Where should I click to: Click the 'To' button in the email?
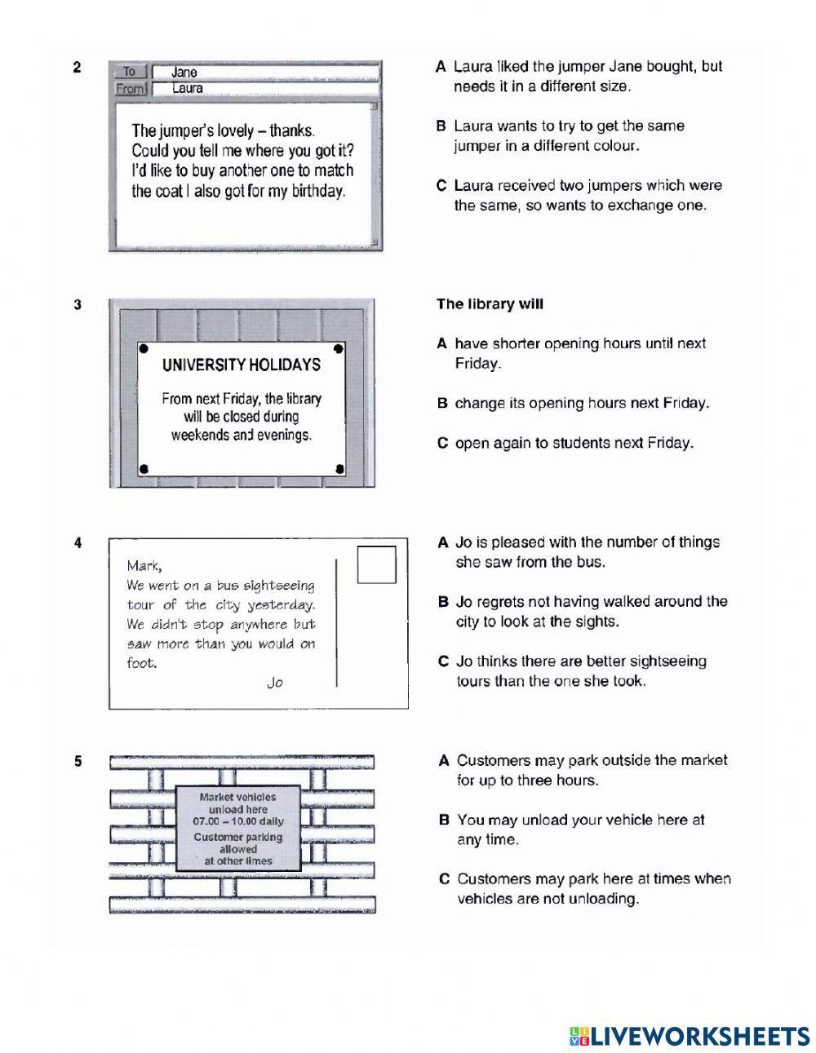tap(129, 72)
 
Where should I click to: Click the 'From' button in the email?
tap(129, 88)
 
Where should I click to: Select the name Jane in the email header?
tap(184, 73)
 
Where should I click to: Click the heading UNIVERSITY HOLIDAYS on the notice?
tap(241, 365)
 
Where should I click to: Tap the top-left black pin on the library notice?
tap(144, 348)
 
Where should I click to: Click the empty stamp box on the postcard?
tap(376, 564)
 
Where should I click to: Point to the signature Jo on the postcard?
tap(275, 683)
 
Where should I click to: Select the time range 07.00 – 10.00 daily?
tap(238, 822)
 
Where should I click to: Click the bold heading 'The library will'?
tap(490, 304)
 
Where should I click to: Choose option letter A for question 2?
tap(441, 67)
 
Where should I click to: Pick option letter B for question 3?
tap(442, 404)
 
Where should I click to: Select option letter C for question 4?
tap(443, 661)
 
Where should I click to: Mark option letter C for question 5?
tap(444, 879)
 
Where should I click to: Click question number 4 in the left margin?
tap(78, 542)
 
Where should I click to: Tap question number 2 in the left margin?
tap(77, 68)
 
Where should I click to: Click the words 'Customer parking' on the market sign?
tap(238, 837)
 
